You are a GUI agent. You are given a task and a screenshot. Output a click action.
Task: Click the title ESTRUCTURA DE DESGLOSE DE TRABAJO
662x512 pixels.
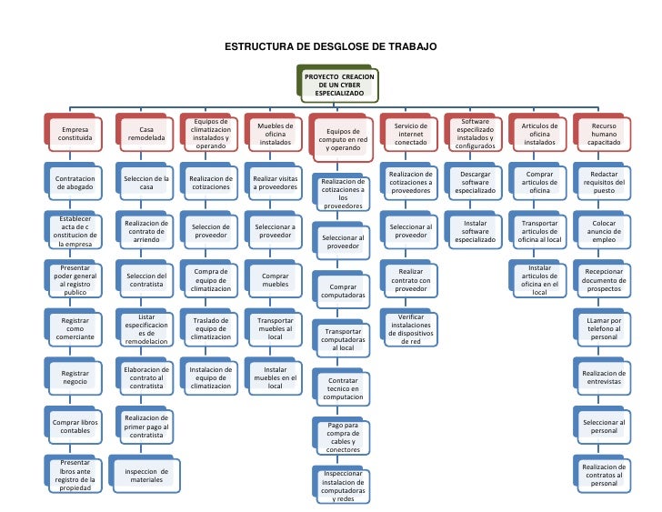tap(331, 46)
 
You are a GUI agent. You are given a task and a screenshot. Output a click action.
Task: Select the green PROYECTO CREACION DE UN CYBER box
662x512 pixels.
tap(338, 85)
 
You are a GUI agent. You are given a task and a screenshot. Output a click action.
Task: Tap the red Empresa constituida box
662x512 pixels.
tap(75, 136)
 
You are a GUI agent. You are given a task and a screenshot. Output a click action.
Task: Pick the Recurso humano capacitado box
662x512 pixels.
tap(604, 136)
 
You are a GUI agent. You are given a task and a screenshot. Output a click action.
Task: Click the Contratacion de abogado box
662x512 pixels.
tap(75, 184)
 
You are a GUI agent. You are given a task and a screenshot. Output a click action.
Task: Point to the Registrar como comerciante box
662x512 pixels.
tap(75, 326)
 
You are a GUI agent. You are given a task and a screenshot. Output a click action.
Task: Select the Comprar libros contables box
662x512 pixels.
tap(75, 427)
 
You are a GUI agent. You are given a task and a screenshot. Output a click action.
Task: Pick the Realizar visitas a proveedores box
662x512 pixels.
tap(276, 184)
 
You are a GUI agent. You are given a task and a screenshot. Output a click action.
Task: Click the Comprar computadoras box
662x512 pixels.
tap(343, 290)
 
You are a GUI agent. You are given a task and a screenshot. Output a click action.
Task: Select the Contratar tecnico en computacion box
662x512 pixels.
tap(343, 388)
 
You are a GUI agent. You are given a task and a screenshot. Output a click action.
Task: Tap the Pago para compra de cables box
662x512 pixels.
tap(343, 437)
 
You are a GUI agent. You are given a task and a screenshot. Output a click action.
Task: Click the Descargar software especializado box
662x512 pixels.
tap(475, 184)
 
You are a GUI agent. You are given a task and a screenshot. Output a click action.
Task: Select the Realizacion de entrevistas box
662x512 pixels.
tap(604, 377)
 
